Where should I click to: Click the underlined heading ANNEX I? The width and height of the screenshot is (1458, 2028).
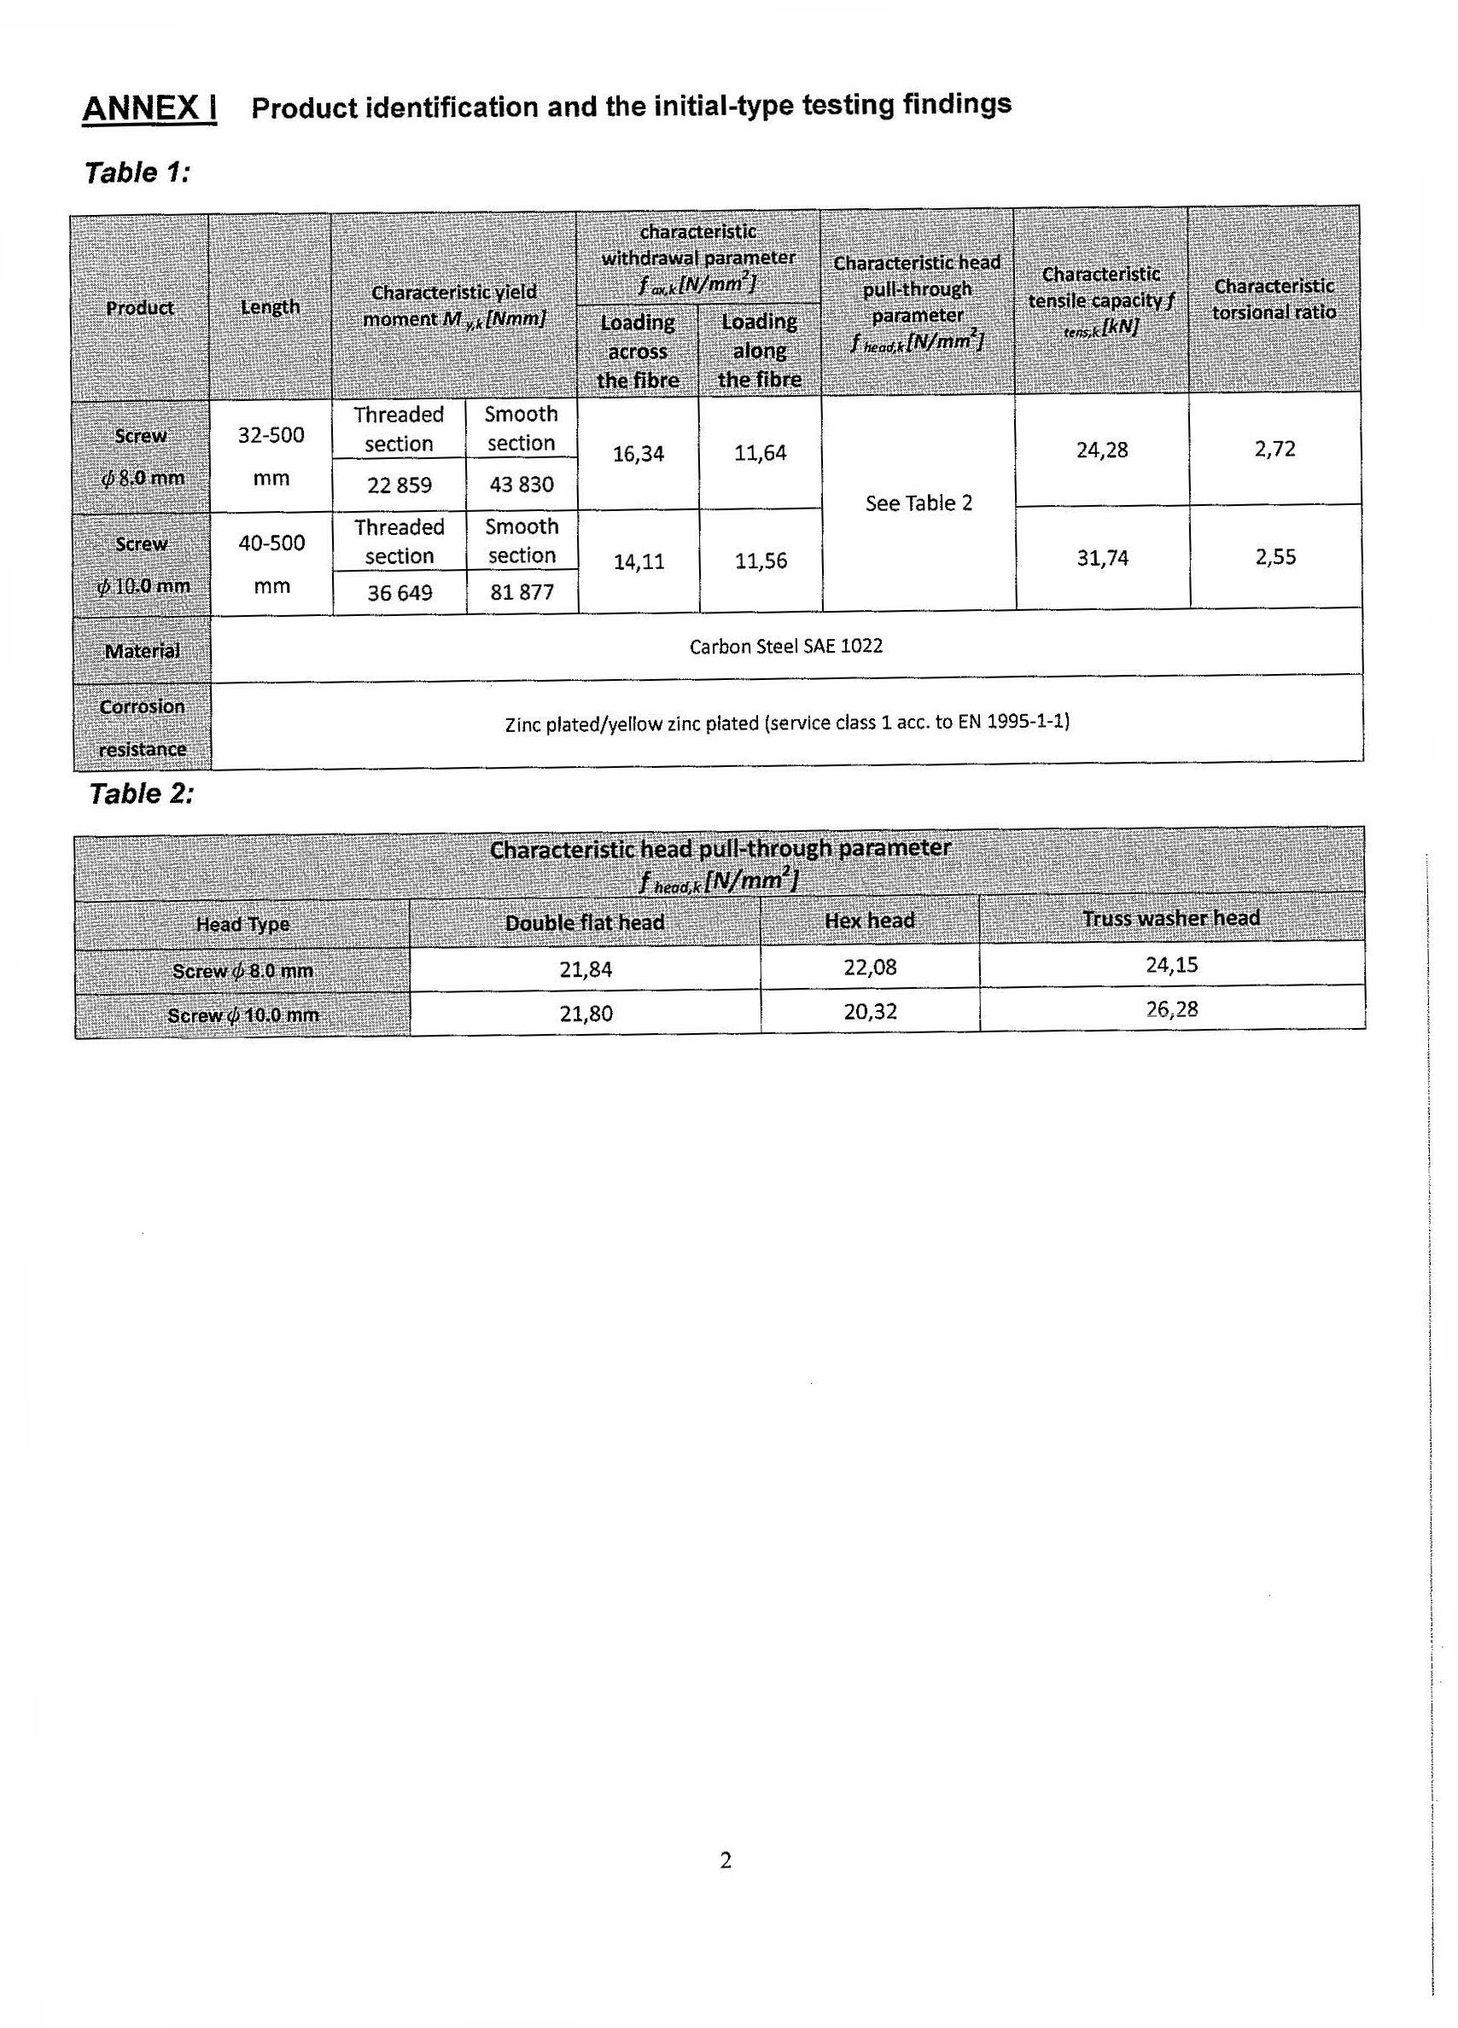pyautogui.click(x=149, y=109)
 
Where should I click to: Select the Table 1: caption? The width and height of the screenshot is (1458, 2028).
pyautogui.click(x=137, y=171)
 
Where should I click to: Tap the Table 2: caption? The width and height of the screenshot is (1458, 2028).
pyautogui.click(x=142, y=793)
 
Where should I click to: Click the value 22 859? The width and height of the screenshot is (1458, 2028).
pyautogui.click(x=399, y=485)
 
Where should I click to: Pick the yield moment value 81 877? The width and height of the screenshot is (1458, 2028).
pyautogui.click(x=522, y=592)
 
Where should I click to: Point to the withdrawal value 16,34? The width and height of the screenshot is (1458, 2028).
pyautogui.click(x=638, y=454)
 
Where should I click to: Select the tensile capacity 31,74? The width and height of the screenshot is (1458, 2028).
pyautogui.click(x=1102, y=558)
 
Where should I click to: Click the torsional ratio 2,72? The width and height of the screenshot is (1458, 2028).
pyautogui.click(x=1274, y=449)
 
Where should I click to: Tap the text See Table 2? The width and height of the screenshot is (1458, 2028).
pyautogui.click(x=919, y=503)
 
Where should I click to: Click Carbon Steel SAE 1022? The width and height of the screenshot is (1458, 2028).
pyautogui.click(x=785, y=646)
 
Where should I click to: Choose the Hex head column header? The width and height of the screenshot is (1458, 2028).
pyautogui.click(x=870, y=920)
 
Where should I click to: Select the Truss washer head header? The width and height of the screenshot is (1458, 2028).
pyautogui.click(x=1171, y=918)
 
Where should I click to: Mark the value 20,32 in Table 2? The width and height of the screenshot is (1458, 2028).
pyautogui.click(x=870, y=1011)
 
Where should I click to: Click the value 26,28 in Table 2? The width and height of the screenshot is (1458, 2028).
pyautogui.click(x=1171, y=1009)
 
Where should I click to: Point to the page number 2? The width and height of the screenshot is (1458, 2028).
pyautogui.click(x=726, y=1860)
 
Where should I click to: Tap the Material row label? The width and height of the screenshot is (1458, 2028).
pyautogui.click(x=142, y=651)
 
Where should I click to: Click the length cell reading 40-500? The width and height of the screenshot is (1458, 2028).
pyautogui.click(x=271, y=543)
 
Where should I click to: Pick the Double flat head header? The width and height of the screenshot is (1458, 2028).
pyautogui.click(x=584, y=923)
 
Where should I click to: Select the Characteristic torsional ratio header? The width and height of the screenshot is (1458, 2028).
pyautogui.click(x=1274, y=299)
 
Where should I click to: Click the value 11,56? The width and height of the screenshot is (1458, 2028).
pyautogui.click(x=761, y=561)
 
